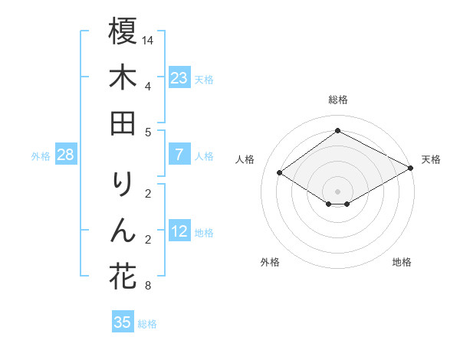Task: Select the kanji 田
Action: tap(123, 122)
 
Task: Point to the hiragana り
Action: tap(123, 184)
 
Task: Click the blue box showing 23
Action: tap(179, 78)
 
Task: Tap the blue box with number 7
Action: tap(179, 155)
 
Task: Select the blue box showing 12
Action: tap(179, 232)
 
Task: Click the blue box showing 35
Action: tap(123, 322)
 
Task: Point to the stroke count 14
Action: tap(149, 39)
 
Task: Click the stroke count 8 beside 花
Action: tap(147, 287)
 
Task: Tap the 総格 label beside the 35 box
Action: tap(147, 324)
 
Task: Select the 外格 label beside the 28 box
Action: tap(41, 156)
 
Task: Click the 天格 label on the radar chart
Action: tap(431, 159)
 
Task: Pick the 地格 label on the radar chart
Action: tap(402, 262)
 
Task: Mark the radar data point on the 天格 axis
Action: tap(411, 169)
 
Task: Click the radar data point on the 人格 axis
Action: tap(280, 173)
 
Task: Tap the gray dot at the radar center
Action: tap(337, 191)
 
